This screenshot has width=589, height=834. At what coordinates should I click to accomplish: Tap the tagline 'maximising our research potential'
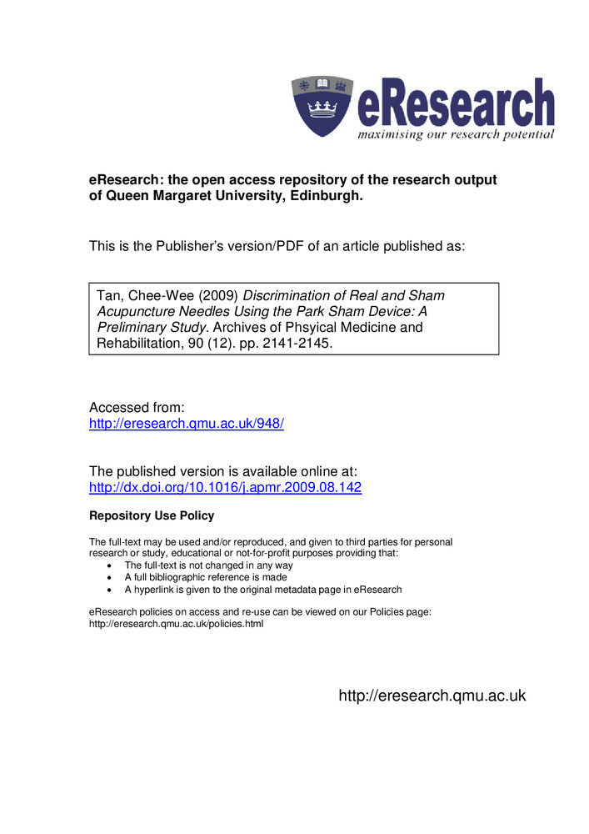[x=456, y=134]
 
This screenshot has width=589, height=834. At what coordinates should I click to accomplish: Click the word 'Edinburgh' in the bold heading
[x=327, y=198]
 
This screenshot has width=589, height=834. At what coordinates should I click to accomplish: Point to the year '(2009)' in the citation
[x=216, y=296]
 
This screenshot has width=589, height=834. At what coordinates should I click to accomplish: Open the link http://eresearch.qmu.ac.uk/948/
[x=187, y=424]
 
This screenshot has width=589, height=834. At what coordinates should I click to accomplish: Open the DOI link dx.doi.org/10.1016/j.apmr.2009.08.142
[x=225, y=488]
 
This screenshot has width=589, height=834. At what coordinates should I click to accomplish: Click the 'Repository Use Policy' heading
[x=152, y=516]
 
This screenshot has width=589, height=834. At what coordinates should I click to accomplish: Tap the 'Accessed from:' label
[x=137, y=407]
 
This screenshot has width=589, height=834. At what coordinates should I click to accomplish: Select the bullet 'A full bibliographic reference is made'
[x=206, y=577]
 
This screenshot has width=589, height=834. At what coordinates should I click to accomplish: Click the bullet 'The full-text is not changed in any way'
[x=208, y=565]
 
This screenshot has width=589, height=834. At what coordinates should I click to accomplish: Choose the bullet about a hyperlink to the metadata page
[x=263, y=590]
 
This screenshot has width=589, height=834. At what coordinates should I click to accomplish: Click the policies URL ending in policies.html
[x=176, y=625]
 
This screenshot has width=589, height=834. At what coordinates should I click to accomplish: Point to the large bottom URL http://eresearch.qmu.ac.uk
[x=432, y=696]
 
